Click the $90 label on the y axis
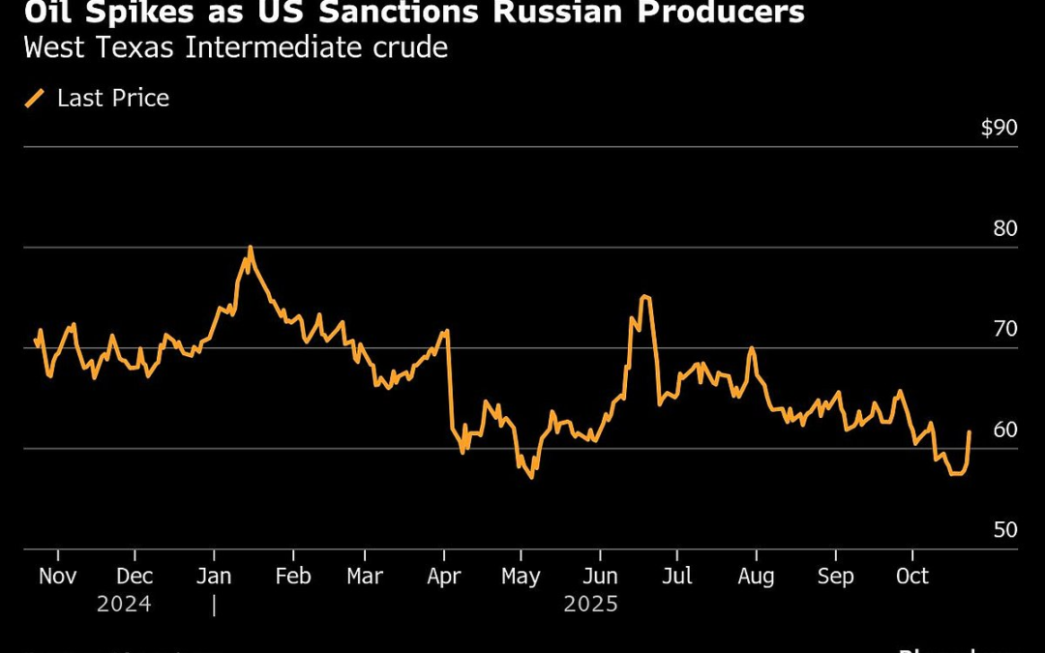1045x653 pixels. tap(999, 128)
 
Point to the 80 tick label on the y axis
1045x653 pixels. tap(1005, 228)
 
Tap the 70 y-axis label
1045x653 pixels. tap(1005, 329)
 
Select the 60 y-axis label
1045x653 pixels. tap(1005, 430)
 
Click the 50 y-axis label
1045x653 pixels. tap(1005, 530)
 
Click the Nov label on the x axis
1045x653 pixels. tap(57, 577)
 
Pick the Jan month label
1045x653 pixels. tap(214, 577)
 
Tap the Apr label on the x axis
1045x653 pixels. tap(444, 577)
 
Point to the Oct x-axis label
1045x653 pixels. tap(911, 577)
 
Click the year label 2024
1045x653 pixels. tap(124, 605)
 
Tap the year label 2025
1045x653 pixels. tap(590, 605)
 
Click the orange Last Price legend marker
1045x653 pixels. tap(35, 99)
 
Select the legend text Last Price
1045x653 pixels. tap(113, 99)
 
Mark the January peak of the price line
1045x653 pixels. tap(251, 248)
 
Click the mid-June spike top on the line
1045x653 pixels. tap(645, 297)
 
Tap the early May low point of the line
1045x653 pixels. tap(531, 477)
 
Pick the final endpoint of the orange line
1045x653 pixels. tap(970, 432)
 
